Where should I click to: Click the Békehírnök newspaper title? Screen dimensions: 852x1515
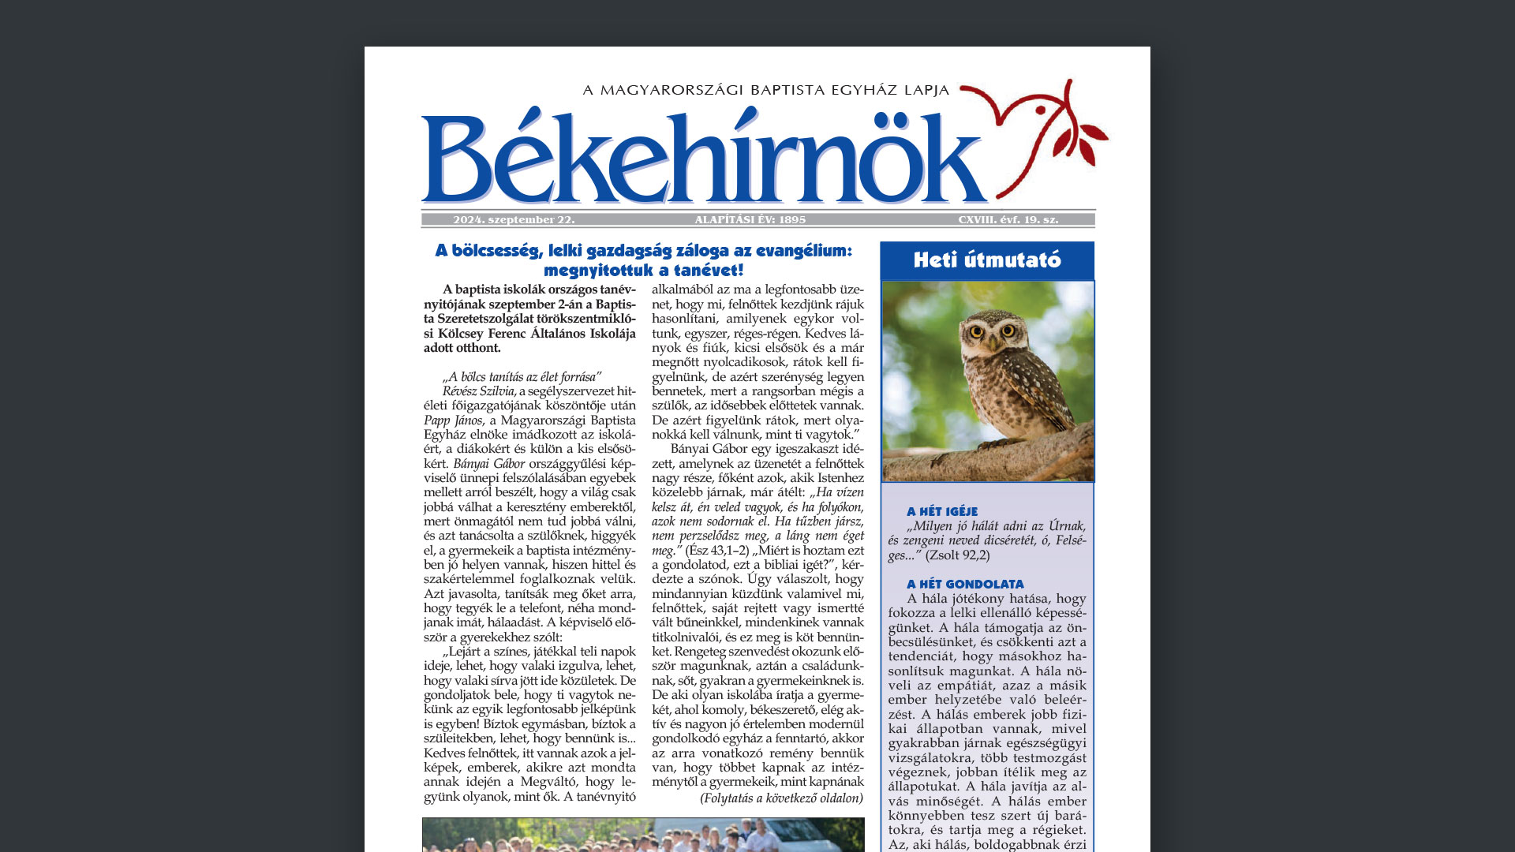pyautogui.click(x=702, y=158)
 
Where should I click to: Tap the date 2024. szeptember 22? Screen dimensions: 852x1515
pyautogui.click(x=514, y=220)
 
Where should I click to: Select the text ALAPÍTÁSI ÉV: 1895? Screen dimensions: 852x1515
pyautogui.click(x=750, y=220)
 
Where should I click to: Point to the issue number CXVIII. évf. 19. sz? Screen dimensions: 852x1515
pyautogui.click(x=1008, y=220)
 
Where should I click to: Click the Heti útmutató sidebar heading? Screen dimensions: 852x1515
pyautogui.click(x=986, y=260)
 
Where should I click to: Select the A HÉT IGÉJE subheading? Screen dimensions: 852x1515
pyautogui.click(x=942, y=512)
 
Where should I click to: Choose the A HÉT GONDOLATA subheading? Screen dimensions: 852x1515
pyautogui.click(x=965, y=585)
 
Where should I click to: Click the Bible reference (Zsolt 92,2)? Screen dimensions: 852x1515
pyautogui.click(x=957, y=555)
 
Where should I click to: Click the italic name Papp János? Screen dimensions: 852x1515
pyautogui.click(x=453, y=420)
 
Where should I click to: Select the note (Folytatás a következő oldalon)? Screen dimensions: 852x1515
pyautogui.click(x=781, y=798)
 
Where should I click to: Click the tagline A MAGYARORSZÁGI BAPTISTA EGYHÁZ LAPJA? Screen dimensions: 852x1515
pyautogui.click(x=765, y=90)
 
